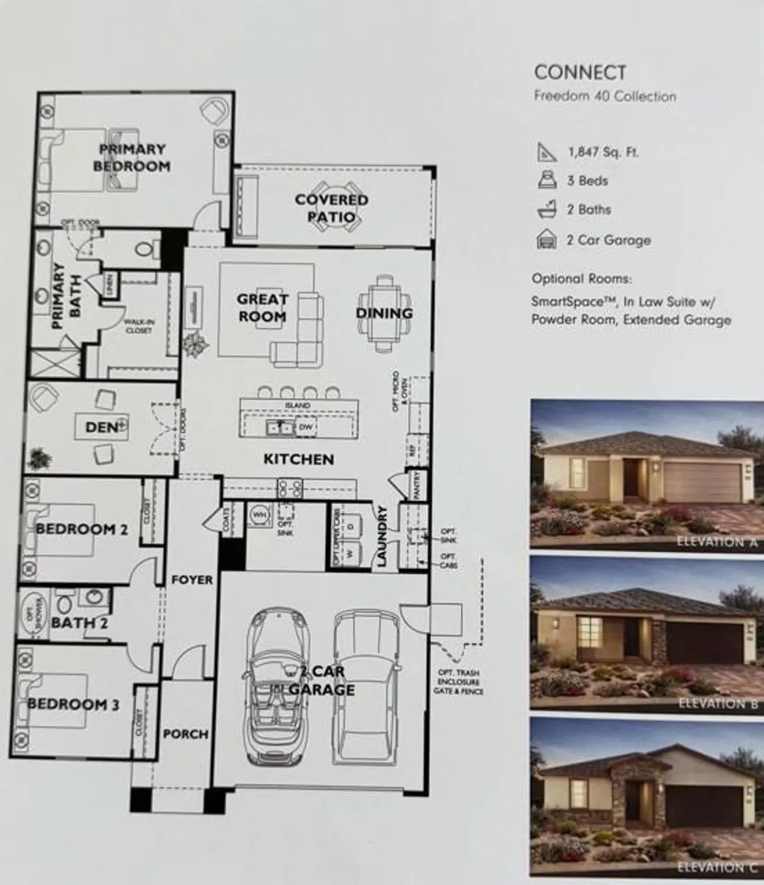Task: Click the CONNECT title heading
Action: [579, 73]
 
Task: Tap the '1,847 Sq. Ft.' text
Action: [603, 152]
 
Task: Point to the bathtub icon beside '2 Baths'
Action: [547, 209]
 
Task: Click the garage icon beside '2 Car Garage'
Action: [547, 240]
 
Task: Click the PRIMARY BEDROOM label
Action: [132, 158]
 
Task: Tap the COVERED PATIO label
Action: [331, 208]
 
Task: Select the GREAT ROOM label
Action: [262, 308]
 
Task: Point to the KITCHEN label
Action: [299, 459]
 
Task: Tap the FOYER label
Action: [192, 580]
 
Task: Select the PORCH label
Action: [185, 734]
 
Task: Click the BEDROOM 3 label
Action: [73, 704]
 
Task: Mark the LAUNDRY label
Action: [382, 536]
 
